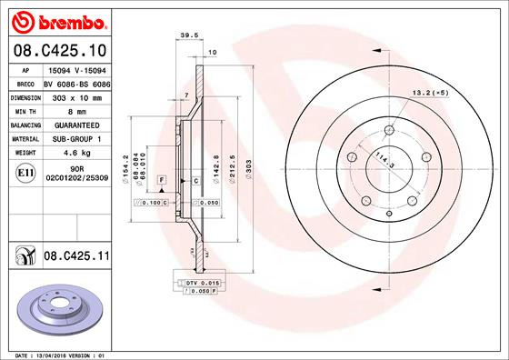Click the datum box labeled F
(x=161, y=182)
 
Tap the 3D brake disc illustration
(x=59, y=309)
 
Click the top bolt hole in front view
(x=389, y=127)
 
